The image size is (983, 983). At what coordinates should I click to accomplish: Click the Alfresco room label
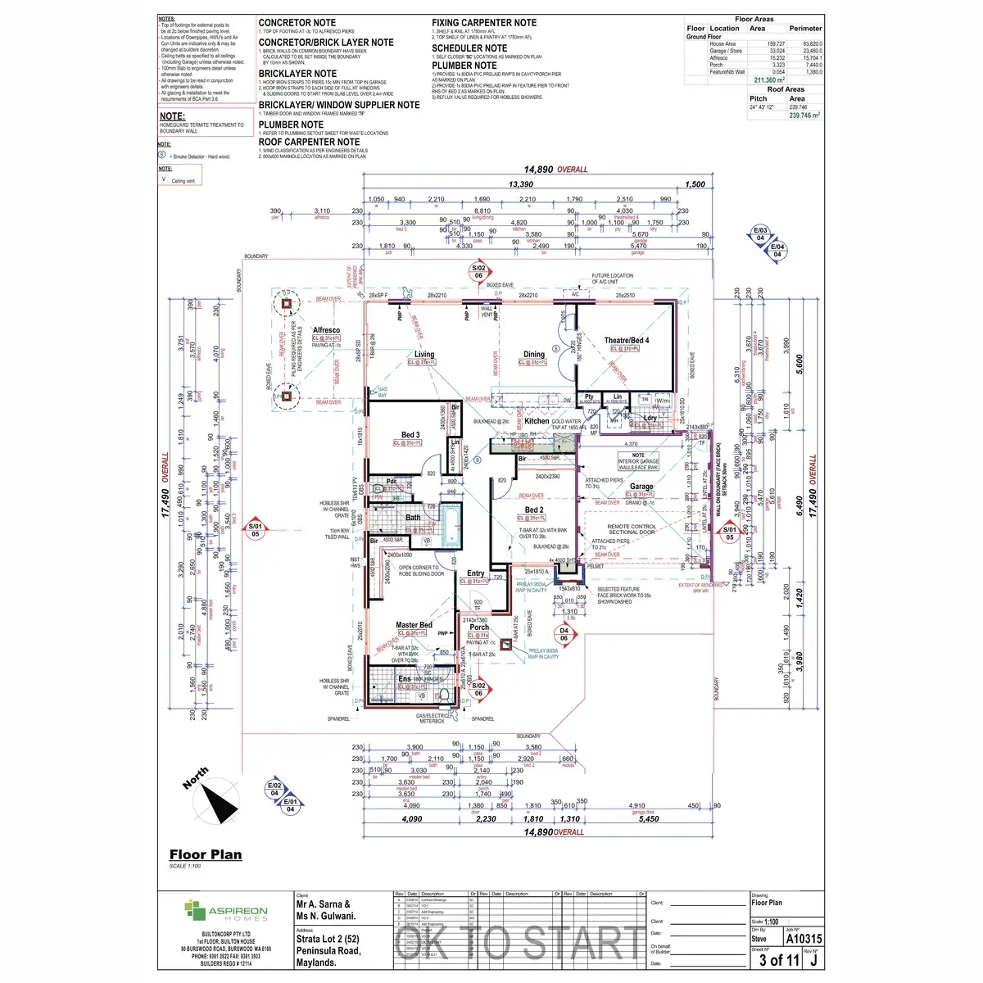click(326, 330)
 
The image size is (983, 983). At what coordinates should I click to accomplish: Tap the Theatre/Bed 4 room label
click(627, 340)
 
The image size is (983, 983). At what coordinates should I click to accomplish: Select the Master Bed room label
click(414, 625)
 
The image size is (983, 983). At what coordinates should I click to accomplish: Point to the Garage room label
click(641, 487)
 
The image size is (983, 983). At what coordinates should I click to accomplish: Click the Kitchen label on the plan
click(537, 421)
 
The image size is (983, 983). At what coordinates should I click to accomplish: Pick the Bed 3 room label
click(410, 435)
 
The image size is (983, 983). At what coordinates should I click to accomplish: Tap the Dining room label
click(534, 355)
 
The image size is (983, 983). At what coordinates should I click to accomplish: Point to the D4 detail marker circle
click(564, 634)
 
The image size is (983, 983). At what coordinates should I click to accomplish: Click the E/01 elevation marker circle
click(290, 805)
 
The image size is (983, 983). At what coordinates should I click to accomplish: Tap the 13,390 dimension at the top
click(521, 184)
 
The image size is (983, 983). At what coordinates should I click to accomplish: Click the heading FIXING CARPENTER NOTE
click(484, 23)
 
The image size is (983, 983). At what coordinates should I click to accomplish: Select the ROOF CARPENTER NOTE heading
click(309, 142)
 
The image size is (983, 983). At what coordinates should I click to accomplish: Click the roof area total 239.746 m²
click(804, 116)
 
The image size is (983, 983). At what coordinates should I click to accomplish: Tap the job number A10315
click(804, 939)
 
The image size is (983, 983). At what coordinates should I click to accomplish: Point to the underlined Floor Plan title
click(206, 854)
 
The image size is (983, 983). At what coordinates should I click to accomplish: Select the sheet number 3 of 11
click(778, 960)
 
